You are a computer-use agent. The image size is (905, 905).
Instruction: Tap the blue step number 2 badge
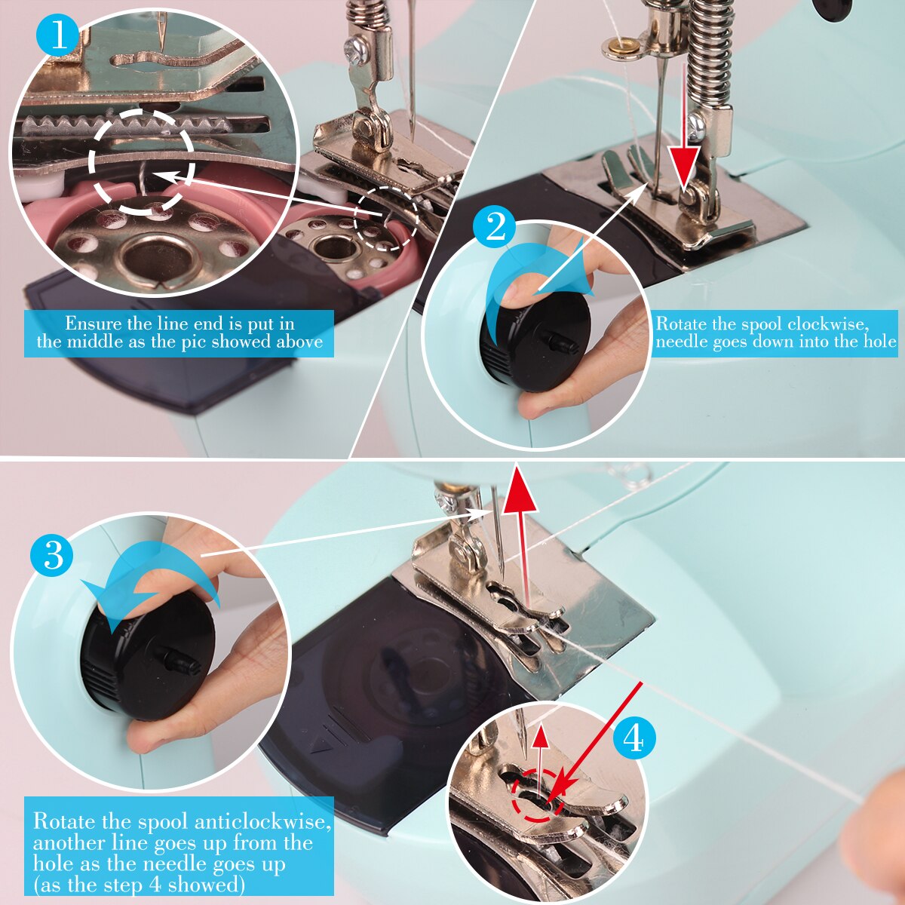(x=495, y=228)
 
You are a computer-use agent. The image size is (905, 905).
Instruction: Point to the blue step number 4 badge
(x=633, y=739)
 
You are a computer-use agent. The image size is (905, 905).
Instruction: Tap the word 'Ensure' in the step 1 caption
(x=93, y=324)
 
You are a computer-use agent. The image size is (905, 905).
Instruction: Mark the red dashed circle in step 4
(x=537, y=796)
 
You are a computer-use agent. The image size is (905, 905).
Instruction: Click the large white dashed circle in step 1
(x=142, y=161)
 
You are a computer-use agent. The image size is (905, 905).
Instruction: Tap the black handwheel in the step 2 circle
(x=536, y=339)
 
